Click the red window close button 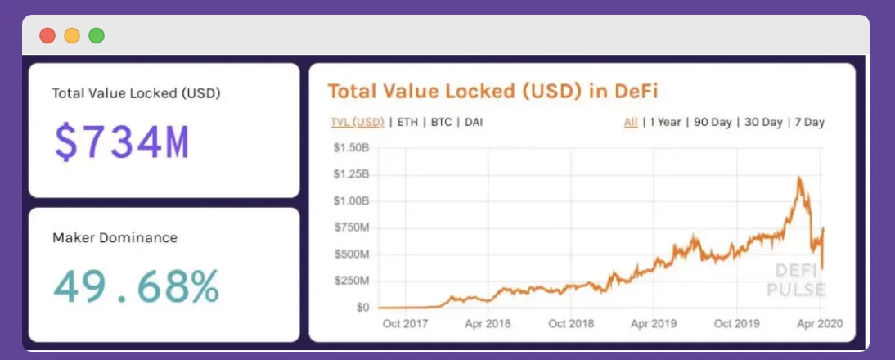click(x=47, y=36)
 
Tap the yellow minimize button click(x=72, y=36)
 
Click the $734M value click(x=122, y=142)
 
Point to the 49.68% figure click(x=136, y=286)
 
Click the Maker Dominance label click(x=115, y=238)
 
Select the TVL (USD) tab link click(x=357, y=123)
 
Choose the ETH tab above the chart click(x=407, y=123)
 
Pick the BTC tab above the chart click(x=441, y=123)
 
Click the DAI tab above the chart click(x=474, y=123)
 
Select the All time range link click(x=630, y=123)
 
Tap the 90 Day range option click(x=713, y=123)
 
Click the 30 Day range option click(x=762, y=123)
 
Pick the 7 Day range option click(x=809, y=123)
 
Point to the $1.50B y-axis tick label click(x=351, y=148)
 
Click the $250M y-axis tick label click(x=351, y=281)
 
